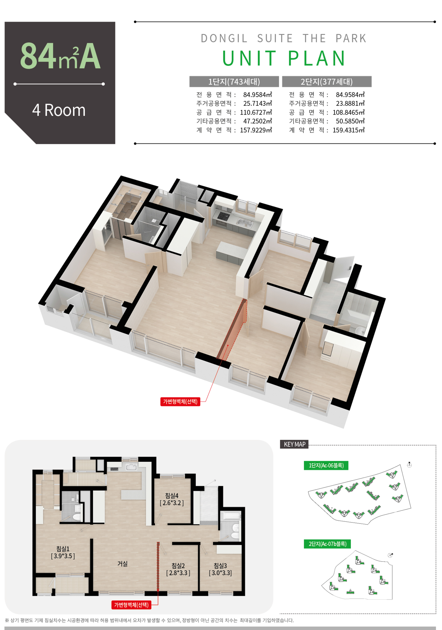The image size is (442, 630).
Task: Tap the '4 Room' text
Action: tap(59, 110)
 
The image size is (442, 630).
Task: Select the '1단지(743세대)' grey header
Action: tap(234, 82)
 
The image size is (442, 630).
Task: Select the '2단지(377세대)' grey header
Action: tap(327, 82)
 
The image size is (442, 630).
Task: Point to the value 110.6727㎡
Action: tap(256, 112)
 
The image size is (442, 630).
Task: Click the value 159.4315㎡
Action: tap(348, 130)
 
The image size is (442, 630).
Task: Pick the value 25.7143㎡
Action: tap(257, 103)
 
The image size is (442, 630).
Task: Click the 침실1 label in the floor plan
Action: tap(63, 548)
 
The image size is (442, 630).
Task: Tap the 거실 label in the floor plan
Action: tap(122, 564)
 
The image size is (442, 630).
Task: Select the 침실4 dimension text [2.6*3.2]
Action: tap(172, 503)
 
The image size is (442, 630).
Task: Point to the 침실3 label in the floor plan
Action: tap(220, 566)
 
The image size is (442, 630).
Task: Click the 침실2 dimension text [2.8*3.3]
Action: tap(178, 573)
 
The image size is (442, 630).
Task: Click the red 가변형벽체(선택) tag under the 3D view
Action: tap(180, 401)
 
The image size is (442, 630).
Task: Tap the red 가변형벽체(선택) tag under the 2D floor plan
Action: tap(131, 605)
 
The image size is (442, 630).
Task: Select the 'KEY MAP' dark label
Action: tap(294, 444)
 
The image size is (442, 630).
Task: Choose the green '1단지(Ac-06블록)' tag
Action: tap(326, 465)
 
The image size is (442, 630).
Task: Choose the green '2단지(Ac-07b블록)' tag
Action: tap(327, 544)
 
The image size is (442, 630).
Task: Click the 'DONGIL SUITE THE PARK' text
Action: tap(284, 38)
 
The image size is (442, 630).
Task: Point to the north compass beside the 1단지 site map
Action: tap(409, 465)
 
